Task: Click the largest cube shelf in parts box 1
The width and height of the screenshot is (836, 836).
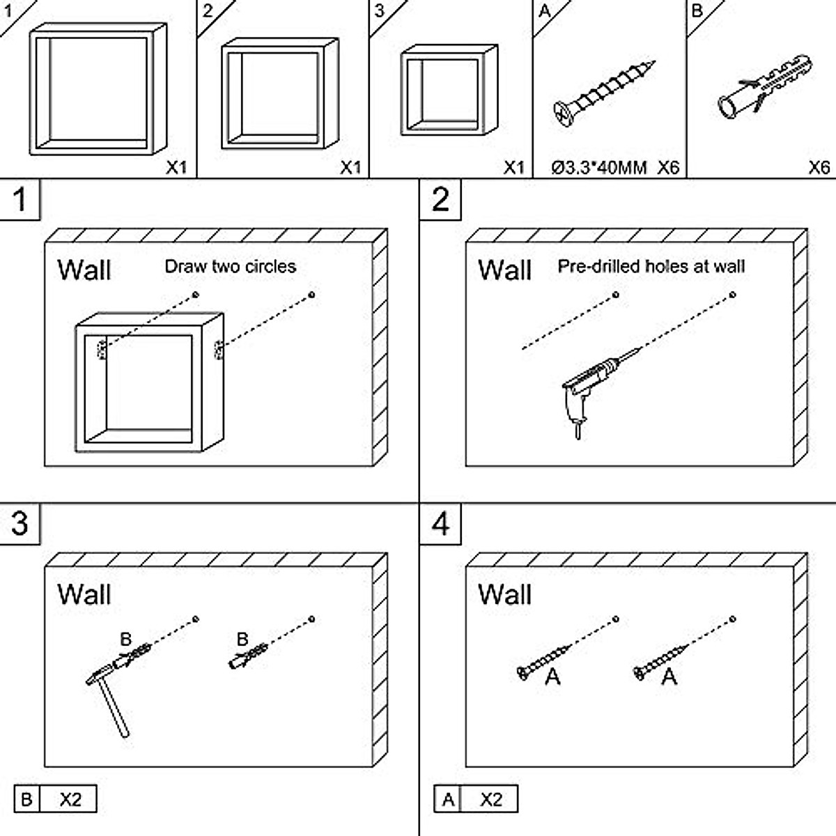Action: (x=98, y=89)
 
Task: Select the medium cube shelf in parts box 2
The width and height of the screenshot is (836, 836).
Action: (x=279, y=93)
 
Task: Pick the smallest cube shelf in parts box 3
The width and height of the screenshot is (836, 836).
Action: (x=448, y=90)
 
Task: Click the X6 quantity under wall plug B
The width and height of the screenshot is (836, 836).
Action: (x=819, y=168)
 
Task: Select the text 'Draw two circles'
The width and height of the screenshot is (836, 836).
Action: (x=230, y=266)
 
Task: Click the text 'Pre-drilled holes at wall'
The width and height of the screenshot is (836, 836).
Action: (x=651, y=266)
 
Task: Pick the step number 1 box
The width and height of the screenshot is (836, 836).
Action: (x=20, y=200)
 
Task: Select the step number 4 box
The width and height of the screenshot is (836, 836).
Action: (x=440, y=524)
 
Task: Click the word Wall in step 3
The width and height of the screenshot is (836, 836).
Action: (x=84, y=594)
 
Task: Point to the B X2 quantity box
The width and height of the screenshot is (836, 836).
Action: (x=55, y=799)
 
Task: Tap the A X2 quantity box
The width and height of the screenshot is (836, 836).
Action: (x=476, y=799)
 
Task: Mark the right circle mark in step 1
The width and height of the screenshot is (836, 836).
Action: (x=311, y=295)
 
